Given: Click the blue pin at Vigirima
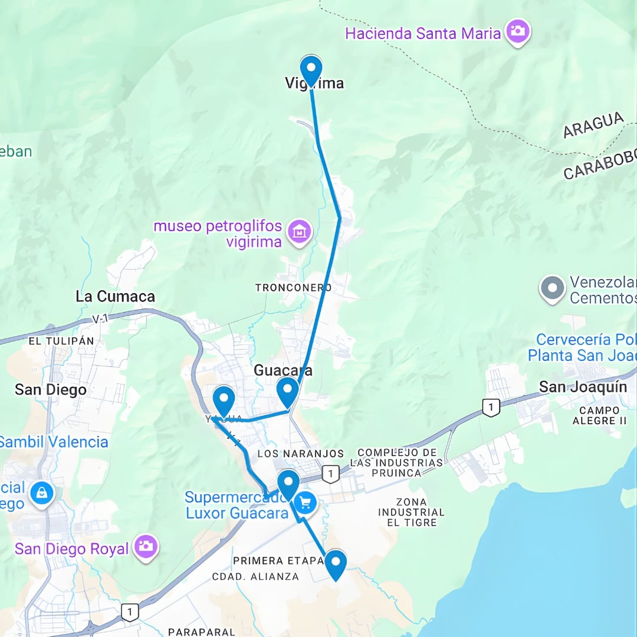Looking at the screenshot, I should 311,69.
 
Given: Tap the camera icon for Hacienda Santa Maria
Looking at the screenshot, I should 517,32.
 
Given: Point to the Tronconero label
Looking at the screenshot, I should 293,288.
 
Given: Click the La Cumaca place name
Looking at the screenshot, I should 115,297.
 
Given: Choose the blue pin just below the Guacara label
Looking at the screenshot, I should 288,391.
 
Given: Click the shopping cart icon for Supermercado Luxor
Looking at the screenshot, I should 305,503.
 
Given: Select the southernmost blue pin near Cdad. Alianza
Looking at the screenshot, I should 336,563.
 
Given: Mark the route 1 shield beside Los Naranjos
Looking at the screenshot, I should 331,473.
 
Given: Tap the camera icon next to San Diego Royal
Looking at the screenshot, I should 145,547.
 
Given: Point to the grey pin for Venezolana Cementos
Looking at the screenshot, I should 552,289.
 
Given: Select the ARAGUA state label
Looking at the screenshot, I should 593,125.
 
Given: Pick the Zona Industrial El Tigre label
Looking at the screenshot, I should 411,512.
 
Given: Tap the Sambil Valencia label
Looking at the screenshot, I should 53,442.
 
